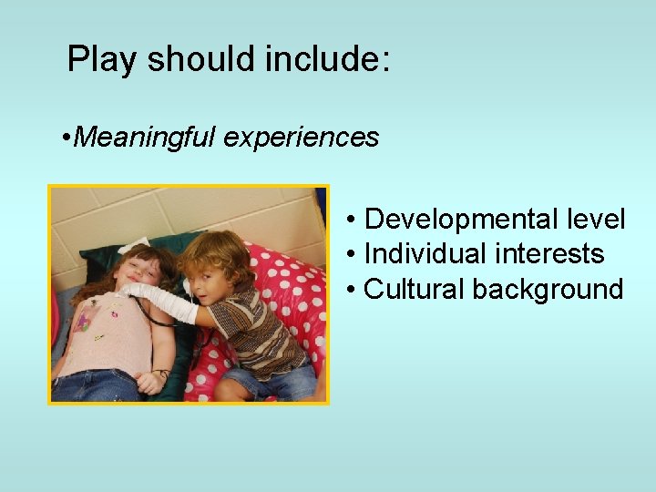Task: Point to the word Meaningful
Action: pyautogui.click(x=147, y=138)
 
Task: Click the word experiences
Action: pyautogui.click(x=301, y=138)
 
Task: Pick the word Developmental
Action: pyautogui.click(x=460, y=220)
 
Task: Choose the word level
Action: pyautogui.click(x=595, y=220)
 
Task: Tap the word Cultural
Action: pyautogui.click(x=414, y=290)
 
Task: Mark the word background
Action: pyautogui.click(x=548, y=290)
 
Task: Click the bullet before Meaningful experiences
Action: pyautogui.click(x=67, y=138)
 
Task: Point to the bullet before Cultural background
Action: pyautogui.click(x=351, y=291)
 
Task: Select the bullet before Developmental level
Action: pyautogui.click(x=351, y=220)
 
